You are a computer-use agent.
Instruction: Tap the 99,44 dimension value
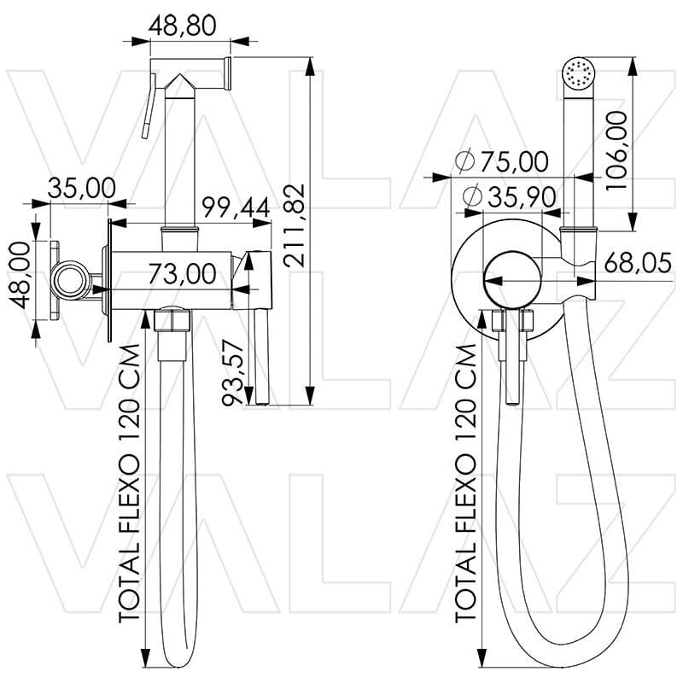(x=235, y=207)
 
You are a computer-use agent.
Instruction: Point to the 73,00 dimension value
(x=182, y=274)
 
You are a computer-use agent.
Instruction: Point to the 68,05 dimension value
(x=637, y=264)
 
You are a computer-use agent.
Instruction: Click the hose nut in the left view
(x=174, y=323)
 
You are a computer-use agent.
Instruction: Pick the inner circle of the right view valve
(x=510, y=278)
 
